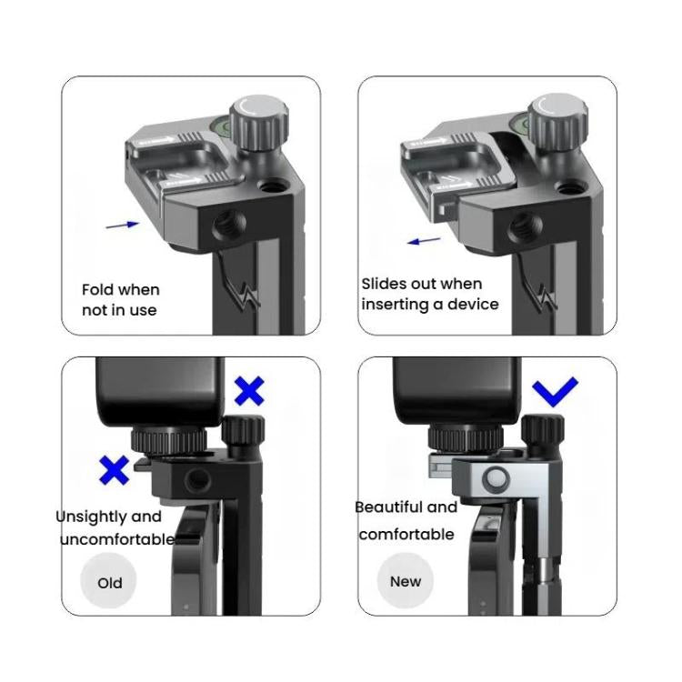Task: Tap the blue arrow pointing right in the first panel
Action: tap(123, 224)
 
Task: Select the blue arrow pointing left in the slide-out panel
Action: tap(423, 241)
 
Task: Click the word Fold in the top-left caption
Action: tap(98, 290)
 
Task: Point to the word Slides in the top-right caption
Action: tap(385, 284)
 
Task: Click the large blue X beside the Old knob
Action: tap(249, 390)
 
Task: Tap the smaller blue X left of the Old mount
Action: tap(114, 469)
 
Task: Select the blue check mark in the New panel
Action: tap(555, 392)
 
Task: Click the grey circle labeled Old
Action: tap(110, 582)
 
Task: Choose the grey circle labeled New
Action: tap(406, 581)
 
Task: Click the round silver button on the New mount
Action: tap(496, 478)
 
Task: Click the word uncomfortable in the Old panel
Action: tap(115, 539)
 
